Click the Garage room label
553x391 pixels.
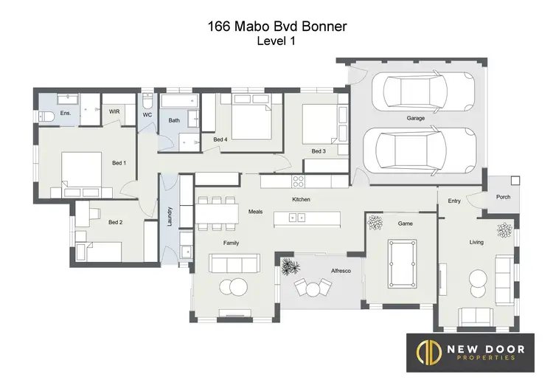[x=416, y=118]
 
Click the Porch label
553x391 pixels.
[x=503, y=197]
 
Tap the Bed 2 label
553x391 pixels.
[x=115, y=222]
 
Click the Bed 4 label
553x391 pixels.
[x=220, y=139]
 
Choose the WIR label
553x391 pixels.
[x=114, y=112]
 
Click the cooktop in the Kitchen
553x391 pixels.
[x=299, y=181]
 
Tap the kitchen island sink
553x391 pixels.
[x=297, y=218]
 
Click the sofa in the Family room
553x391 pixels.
[x=233, y=263]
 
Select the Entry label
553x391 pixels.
[x=453, y=201]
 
